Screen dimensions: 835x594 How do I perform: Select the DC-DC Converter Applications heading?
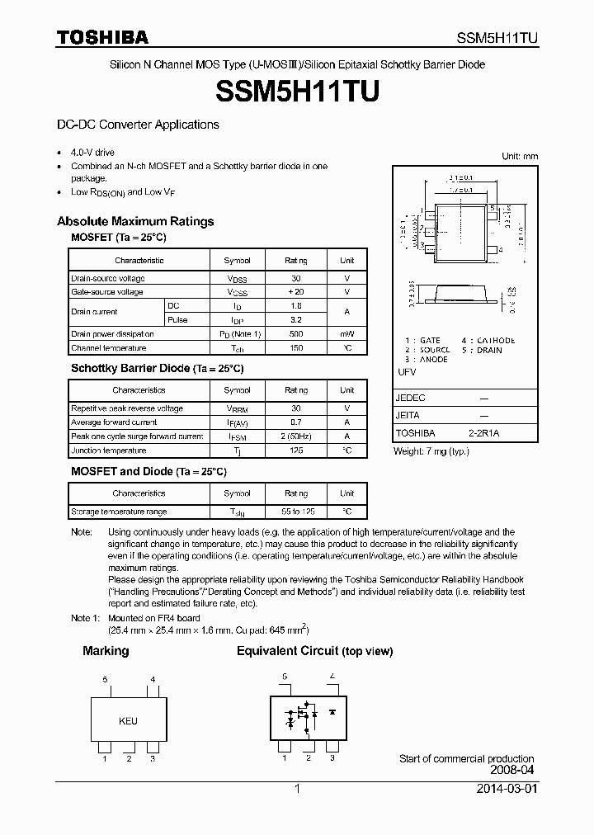click(x=138, y=125)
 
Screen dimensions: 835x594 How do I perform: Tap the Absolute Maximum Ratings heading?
click(x=135, y=221)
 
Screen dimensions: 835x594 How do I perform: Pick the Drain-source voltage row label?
click(x=108, y=279)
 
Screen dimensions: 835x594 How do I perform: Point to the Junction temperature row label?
click(x=108, y=451)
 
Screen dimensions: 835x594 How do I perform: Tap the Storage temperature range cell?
click(x=119, y=512)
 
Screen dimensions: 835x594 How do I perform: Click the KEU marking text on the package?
click(x=128, y=721)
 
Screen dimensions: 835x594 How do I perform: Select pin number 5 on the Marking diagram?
click(x=105, y=679)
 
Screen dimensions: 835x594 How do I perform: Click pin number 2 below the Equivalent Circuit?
click(x=308, y=757)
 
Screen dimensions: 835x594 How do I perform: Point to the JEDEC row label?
click(x=411, y=398)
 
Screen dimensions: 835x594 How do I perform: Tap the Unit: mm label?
click(x=519, y=156)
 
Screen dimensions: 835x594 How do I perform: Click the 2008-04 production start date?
click(x=513, y=771)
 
